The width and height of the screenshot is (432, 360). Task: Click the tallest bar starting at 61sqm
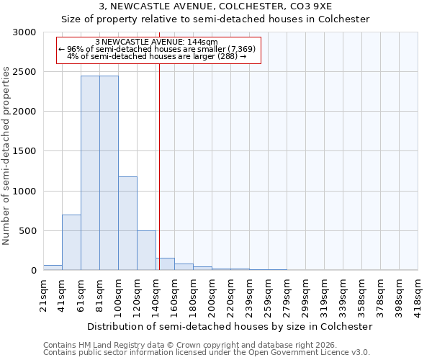[x=90, y=173]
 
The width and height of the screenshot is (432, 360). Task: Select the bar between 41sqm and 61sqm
[x=71, y=243]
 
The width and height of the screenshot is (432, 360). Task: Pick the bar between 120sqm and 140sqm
[x=146, y=251]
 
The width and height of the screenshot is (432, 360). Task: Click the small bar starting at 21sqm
[x=53, y=268]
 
